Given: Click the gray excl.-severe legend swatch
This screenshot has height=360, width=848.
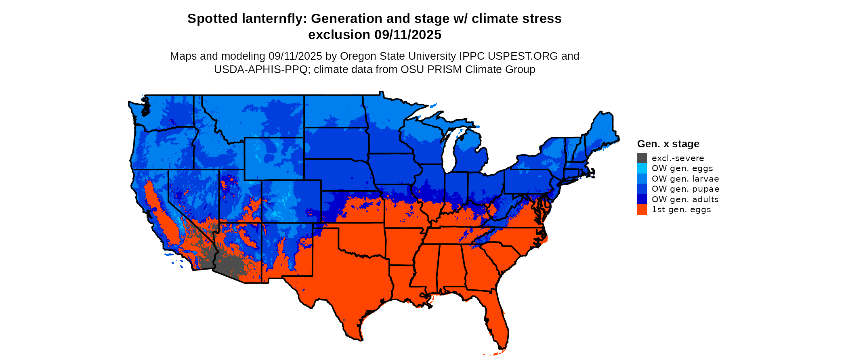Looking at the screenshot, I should click(642, 158).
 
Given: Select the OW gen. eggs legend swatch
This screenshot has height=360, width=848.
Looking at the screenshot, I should click(642, 168).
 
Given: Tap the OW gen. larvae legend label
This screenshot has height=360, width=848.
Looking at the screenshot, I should click(685, 179).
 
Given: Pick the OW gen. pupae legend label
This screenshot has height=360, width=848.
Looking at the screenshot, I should click(685, 189).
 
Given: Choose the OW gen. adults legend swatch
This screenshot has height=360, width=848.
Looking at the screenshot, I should click(642, 199).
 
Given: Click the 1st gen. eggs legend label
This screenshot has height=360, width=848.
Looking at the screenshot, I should click(681, 209).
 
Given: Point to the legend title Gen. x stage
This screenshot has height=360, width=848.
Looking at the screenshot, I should click(668, 144).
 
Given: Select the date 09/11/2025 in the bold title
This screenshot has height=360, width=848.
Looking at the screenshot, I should click(408, 35).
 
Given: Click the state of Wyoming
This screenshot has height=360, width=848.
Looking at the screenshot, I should click(274, 158).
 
